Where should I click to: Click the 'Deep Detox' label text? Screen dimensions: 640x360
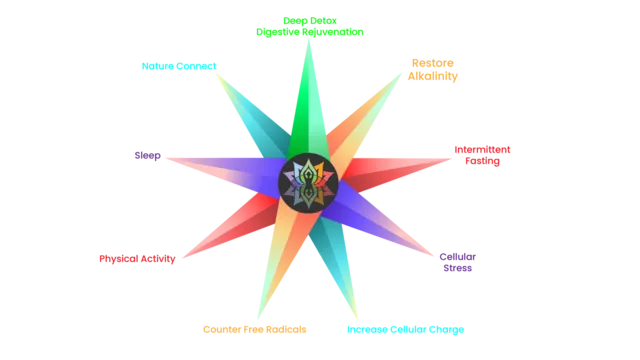[310, 21]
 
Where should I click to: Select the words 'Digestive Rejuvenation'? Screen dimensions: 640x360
[310, 32]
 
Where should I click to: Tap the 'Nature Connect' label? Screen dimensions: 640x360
[179, 66]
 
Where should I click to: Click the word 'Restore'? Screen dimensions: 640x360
[433, 63]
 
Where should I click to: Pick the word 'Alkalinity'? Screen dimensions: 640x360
[433, 76]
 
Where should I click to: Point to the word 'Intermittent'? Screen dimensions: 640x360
[482, 150]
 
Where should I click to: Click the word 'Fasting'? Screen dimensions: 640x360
[482, 161]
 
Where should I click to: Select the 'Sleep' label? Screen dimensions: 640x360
[147, 156]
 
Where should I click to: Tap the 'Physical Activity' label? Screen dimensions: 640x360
[137, 259]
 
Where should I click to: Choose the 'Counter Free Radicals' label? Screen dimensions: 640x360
[255, 330]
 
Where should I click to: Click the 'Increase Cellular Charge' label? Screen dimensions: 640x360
[405, 330]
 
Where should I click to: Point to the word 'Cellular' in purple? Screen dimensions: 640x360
[458, 257]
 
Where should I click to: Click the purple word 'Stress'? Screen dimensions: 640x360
[458, 269]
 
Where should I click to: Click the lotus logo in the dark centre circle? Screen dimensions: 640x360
[308, 183]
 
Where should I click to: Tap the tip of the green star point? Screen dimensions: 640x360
[309, 40]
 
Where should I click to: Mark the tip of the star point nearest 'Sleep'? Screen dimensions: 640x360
[166, 158]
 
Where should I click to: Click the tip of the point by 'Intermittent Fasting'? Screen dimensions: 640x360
[452, 159]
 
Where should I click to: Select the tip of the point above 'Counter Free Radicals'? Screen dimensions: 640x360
[258, 319]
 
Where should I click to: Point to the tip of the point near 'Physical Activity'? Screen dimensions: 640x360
[182, 258]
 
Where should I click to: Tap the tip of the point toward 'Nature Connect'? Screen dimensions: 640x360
[216, 73]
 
